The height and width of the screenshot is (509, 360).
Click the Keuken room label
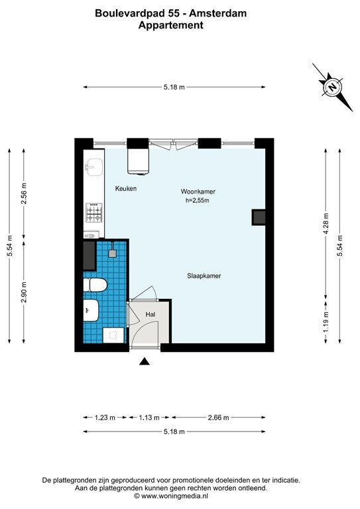point(126,189)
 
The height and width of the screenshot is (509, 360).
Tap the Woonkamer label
point(198,192)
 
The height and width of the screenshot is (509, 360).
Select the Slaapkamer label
point(204,276)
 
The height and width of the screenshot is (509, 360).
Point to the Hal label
point(150,314)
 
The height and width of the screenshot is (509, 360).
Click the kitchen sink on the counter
point(93,167)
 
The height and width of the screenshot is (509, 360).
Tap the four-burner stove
point(94,213)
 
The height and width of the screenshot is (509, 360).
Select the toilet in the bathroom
point(95,286)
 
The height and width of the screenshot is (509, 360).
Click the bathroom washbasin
point(91,310)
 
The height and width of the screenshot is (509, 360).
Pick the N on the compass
point(332,87)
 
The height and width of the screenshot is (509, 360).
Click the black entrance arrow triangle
point(145,361)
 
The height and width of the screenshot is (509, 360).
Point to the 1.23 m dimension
point(105,418)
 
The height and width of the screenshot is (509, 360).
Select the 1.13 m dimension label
point(149,418)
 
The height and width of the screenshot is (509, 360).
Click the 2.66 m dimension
point(219,418)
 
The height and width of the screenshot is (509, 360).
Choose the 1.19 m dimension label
point(326,321)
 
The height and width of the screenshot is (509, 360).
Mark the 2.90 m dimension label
point(24,292)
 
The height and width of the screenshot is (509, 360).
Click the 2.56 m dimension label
point(24,194)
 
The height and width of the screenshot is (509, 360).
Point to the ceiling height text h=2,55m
point(198,201)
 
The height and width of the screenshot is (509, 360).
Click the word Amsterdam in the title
point(218,13)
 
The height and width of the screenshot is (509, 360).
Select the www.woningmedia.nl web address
point(174,496)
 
